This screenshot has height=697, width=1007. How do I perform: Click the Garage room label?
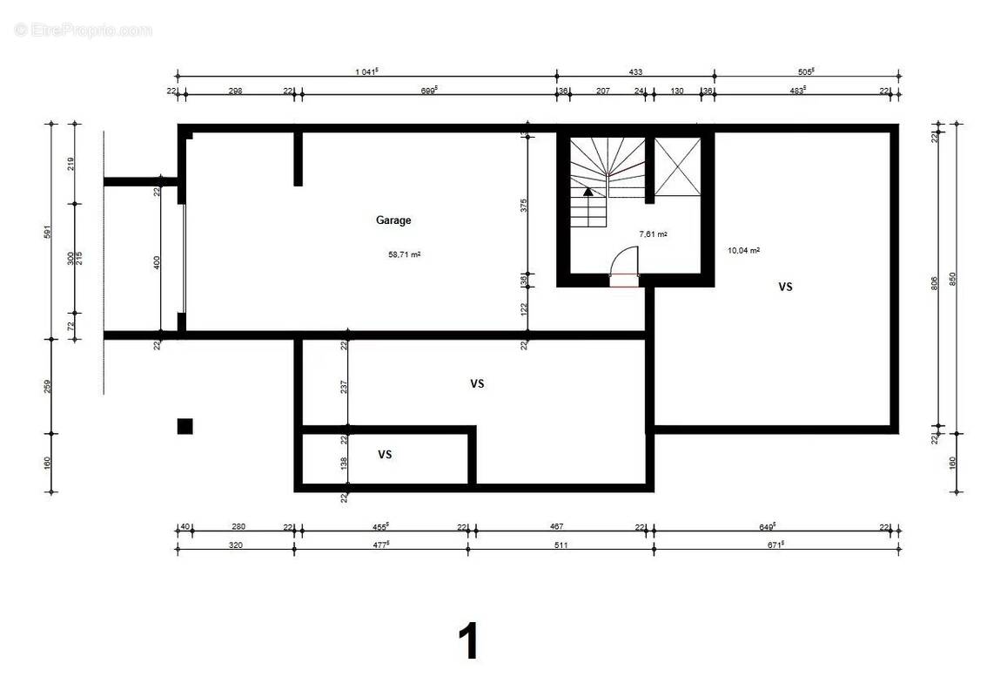(x=393, y=220)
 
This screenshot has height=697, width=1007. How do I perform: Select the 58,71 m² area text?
(x=405, y=255)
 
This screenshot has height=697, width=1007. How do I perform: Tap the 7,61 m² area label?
(x=653, y=234)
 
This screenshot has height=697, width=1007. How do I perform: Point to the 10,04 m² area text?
(x=743, y=250)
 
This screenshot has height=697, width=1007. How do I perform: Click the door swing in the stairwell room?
(x=624, y=261)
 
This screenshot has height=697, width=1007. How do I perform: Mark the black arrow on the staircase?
(x=588, y=191)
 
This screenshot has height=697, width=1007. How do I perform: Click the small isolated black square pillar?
(x=185, y=426)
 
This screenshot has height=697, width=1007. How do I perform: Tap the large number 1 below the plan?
(x=468, y=642)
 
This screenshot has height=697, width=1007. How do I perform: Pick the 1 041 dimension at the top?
(x=366, y=71)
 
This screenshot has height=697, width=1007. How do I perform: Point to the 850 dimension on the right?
(x=952, y=278)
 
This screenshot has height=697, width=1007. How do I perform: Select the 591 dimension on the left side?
(x=48, y=231)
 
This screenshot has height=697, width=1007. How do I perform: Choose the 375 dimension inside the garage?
(x=523, y=205)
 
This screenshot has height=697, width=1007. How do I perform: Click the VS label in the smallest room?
(x=385, y=455)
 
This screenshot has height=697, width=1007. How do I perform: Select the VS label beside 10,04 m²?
(x=785, y=286)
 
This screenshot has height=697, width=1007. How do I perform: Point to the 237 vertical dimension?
(x=344, y=384)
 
